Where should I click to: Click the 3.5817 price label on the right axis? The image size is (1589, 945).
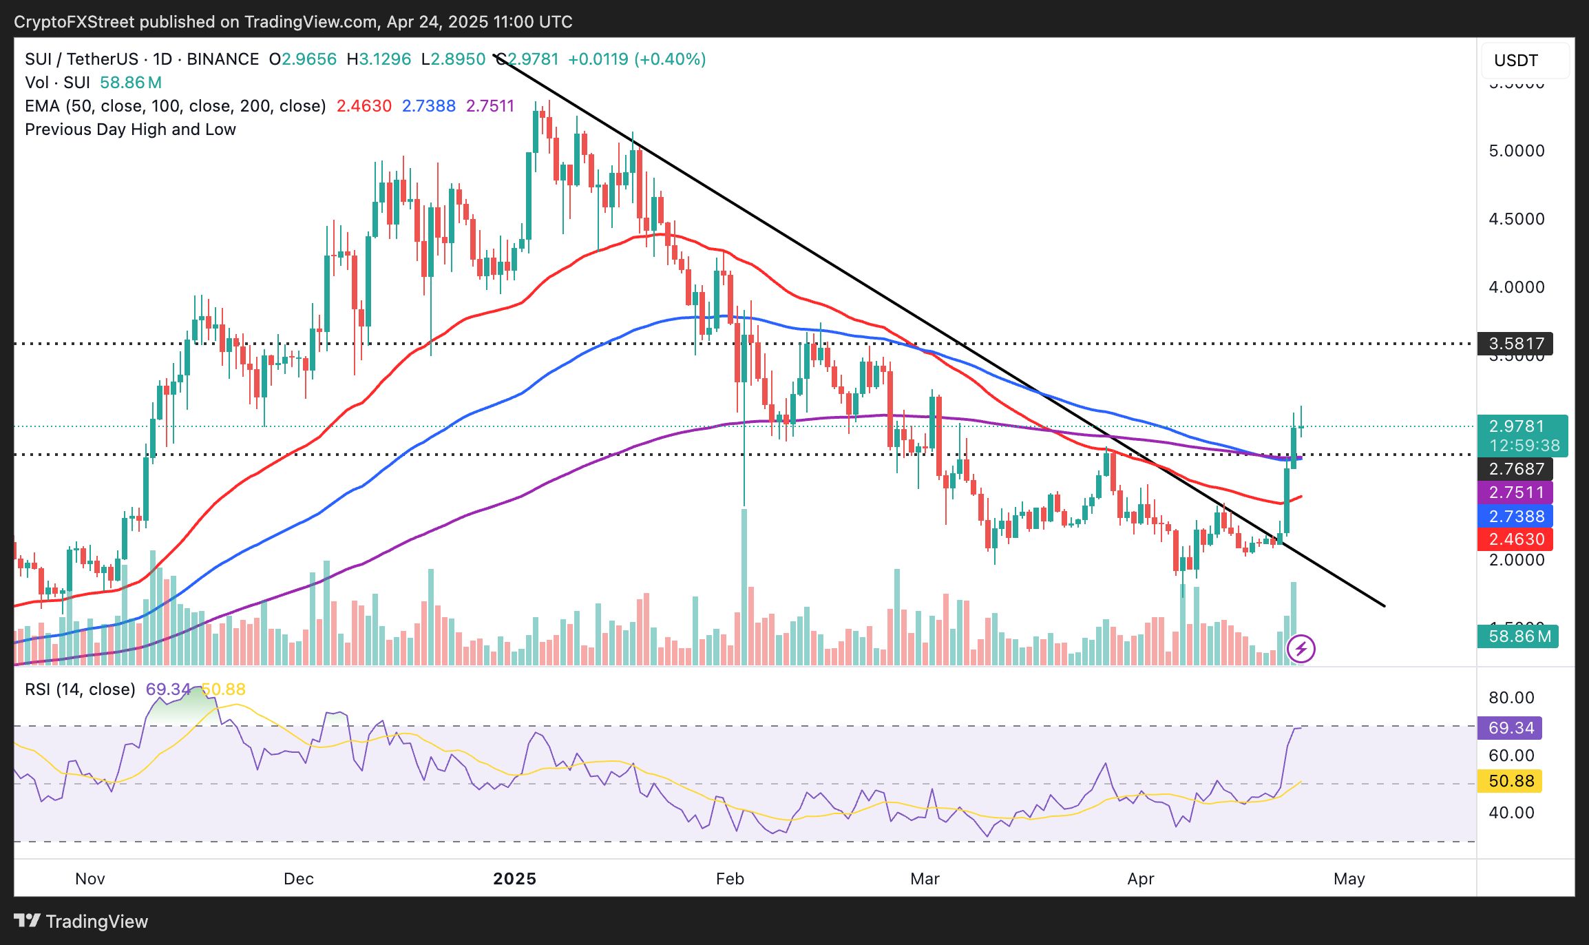pyautogui.click(x=1515, y=343)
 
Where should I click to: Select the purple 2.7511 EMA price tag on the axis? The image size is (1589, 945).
pyautogui.click(x=1515, y=492)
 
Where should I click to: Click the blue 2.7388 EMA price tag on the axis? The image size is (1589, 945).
pyautogui.click(x=1515, y=516)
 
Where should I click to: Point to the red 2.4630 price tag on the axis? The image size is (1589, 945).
pyautogui.click(x=1515, y=539)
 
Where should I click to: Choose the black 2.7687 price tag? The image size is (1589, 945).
pyautogui.click(x=1515, y=469)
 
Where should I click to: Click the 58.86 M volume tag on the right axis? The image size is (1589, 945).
pyautogui.click(x=1518, y=636)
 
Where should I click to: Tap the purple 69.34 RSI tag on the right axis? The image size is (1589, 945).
pyautogui.click(x=1511, y=727)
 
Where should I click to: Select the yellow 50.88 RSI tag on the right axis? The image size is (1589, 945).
pyautogui.click(x=1511, y=780)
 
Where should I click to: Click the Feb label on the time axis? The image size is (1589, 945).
pyautogui.click(x=730, y=878)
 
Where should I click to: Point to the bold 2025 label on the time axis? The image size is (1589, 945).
pyautogui.click(x=515, y=878)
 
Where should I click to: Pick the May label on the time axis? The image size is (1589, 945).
pyautogui.click(x=1349, y=878)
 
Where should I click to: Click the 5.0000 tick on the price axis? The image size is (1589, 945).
pyautogui.click(x=1517, y=151)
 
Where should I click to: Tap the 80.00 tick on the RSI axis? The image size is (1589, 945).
pyautogui.click(x=1511, y=697)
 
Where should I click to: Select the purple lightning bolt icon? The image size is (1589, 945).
pyautogui.click(x=1301, y=648)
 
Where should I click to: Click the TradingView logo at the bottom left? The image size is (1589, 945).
pyautogui.click(x=81, y=921)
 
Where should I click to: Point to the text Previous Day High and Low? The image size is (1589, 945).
pyautogui.click(x=130, y=129)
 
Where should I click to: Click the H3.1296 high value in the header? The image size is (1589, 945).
pyautogui.click(x=379, y=59)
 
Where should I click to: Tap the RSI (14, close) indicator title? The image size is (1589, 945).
pyautogui.click(x=80, y=689)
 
